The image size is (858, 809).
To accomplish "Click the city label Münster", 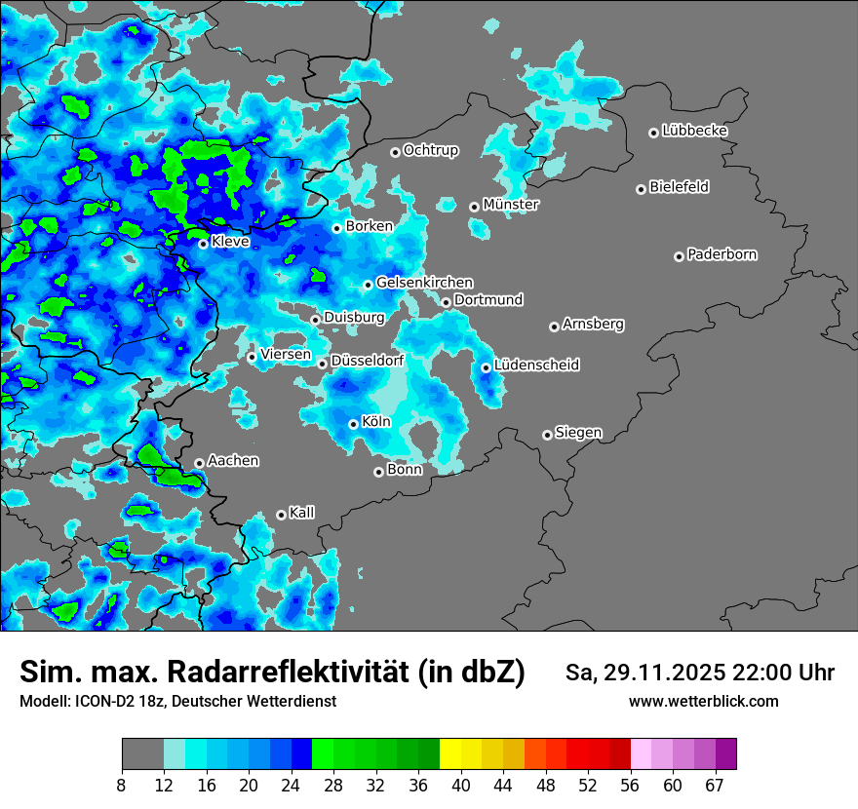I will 510,205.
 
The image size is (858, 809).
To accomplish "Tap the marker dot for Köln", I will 353,424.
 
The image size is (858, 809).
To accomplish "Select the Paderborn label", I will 721,254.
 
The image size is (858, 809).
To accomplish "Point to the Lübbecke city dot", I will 653,133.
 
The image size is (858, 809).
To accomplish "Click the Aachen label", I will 233,461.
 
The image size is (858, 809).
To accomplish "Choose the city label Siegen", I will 578,433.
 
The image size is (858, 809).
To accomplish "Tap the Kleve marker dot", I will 203,244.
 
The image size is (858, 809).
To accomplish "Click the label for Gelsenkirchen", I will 424,283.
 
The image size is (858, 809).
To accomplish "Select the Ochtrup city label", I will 430,150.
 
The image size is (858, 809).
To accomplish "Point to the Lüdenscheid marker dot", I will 486,367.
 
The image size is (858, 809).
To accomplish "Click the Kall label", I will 302,513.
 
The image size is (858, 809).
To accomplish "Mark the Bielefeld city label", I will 679,187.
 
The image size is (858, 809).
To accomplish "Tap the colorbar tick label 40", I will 461,785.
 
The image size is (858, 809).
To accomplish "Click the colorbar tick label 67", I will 715,785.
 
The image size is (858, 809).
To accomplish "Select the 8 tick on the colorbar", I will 122,785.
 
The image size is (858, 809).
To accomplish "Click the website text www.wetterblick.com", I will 703,702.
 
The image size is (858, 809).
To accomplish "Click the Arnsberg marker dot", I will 554,327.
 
